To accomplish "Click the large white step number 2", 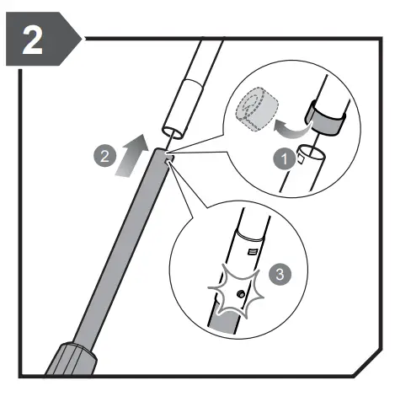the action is tap(33, 40).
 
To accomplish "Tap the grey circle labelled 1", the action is tap(284, 158).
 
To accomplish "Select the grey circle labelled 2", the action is tap(104, 156).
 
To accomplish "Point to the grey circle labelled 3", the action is tap(280, 274).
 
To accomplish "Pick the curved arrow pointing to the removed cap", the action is tap(292, 130).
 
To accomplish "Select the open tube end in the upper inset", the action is tap(311, 152).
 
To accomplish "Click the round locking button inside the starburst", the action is tap(241, 294).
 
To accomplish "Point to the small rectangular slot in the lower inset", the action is tap(252, 251).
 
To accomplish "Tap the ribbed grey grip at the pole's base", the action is tap(71, 359).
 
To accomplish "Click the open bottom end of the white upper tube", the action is tap(173, 131).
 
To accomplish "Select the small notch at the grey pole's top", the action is tap(169, 159).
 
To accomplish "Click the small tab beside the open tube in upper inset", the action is tap(301, 159).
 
